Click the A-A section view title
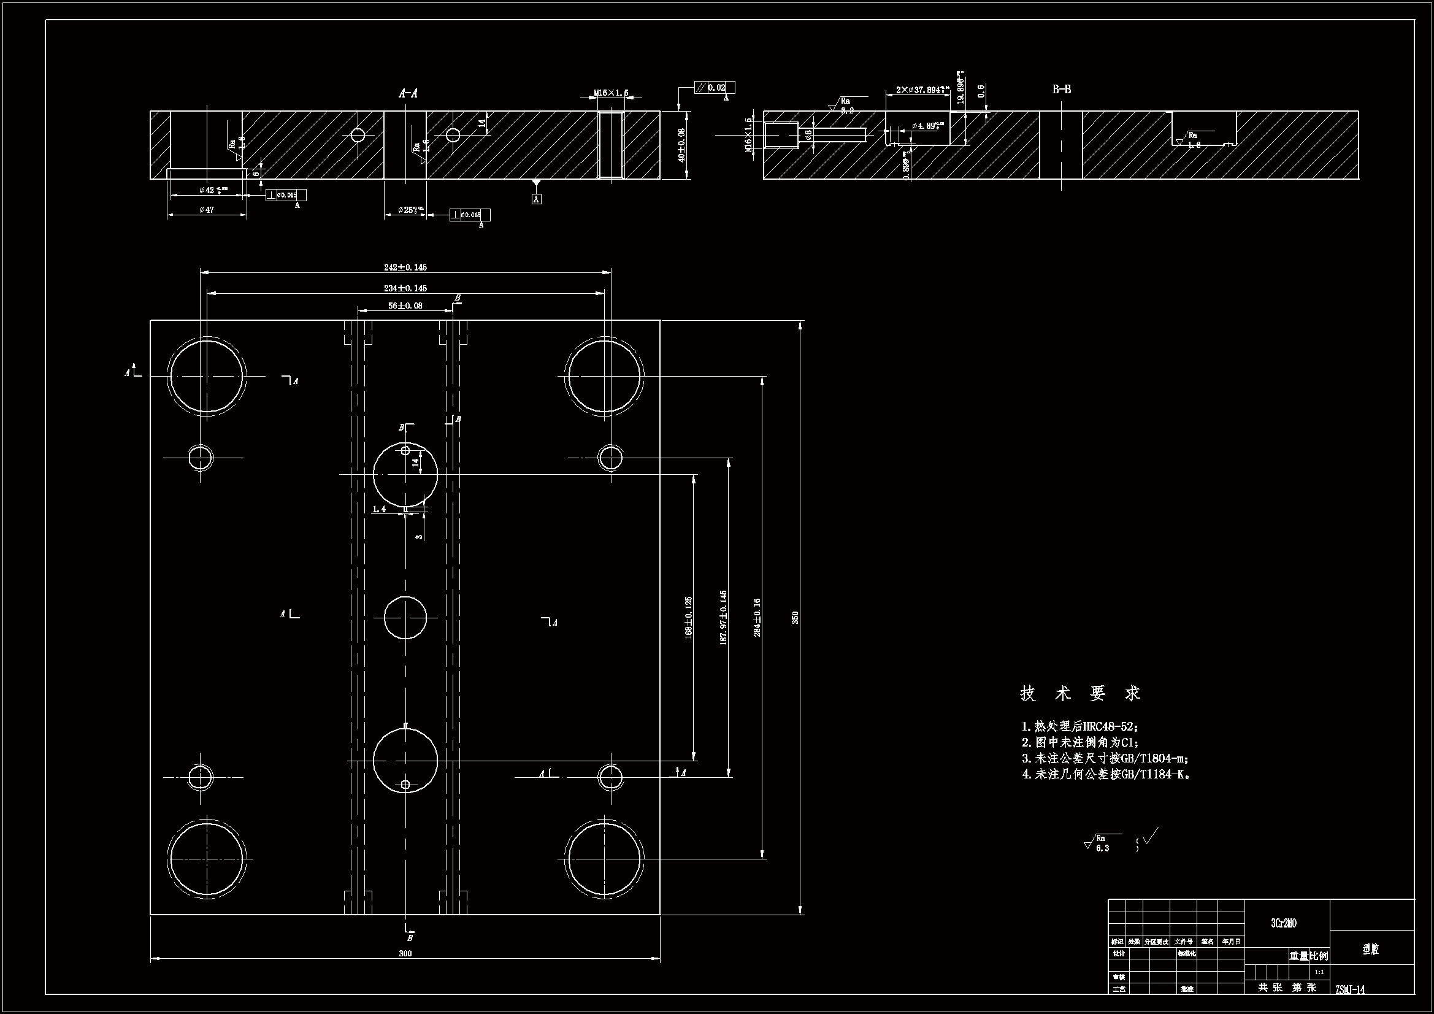[408, 94]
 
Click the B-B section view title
[1061, 90]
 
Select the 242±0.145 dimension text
[405, 267]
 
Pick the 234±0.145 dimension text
[405, 288]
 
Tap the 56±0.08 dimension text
[405, 305]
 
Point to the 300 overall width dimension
[405, 953]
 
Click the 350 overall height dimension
[795, 617]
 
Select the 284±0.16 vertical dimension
[757, 617]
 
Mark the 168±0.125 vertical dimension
[689, 617]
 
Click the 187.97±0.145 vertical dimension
[723, 617]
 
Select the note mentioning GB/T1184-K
[1105, 775]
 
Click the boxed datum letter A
[536, 199]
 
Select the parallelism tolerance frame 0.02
[715, 88]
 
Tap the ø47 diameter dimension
[207, 210]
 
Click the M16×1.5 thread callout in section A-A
[611, 93]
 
